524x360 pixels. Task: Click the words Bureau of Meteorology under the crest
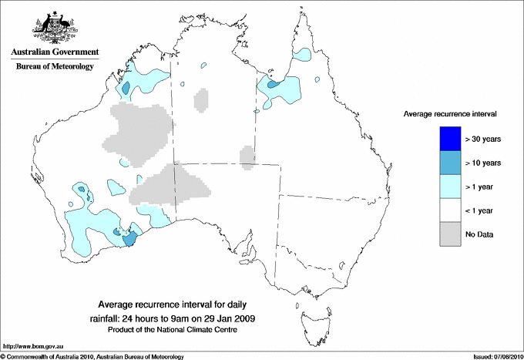point(55,67)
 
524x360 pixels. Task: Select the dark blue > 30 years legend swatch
point(449,139)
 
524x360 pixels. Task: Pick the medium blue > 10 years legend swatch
point(449,163)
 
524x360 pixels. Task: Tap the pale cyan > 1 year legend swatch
point(449,187)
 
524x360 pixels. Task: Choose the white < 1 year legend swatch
point(449,210)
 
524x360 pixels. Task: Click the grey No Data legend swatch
point(449,234)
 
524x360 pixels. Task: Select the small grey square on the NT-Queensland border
point(247,156)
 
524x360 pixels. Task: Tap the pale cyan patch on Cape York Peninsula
point(305,56)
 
